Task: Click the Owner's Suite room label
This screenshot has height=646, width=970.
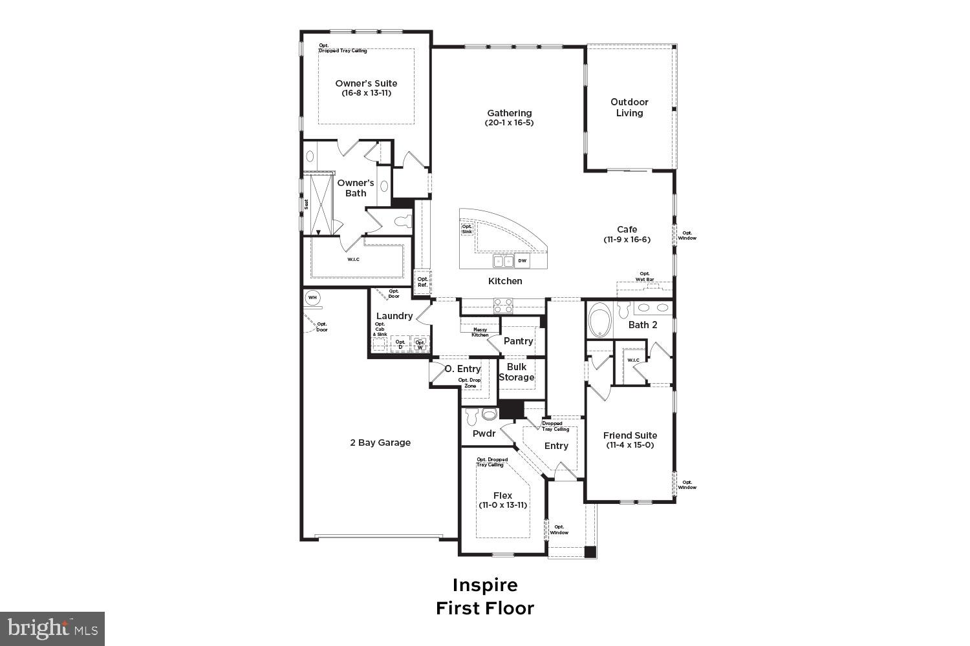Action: point(366,83)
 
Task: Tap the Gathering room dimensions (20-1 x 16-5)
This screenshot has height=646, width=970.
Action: point(510,123)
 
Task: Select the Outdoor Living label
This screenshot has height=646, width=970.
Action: point(629,107)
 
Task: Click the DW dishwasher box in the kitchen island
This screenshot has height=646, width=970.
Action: point(523,261)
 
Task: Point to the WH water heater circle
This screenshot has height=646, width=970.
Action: point(313,298)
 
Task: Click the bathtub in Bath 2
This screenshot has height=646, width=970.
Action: point(600,320)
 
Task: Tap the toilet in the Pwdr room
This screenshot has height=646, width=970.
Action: point(471,414)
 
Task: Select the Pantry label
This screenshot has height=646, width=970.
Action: point(518,341)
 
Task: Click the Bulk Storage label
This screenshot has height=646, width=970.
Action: point(516,372)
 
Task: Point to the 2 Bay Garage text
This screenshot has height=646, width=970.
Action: point(380,443)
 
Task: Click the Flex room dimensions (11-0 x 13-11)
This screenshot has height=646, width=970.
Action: point(502,505)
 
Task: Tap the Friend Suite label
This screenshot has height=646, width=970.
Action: point(630,435)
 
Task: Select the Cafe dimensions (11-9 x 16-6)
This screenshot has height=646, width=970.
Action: point(627,239)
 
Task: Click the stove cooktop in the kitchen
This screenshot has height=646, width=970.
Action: point(503,306)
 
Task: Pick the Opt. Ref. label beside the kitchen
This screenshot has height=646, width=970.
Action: point(422,282)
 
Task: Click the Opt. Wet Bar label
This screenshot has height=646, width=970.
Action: point(645,276)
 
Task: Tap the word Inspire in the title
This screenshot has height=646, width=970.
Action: point(485,585)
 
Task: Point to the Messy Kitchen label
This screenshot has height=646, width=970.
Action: point(480,332)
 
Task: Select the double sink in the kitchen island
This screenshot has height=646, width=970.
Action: point(503,261)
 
